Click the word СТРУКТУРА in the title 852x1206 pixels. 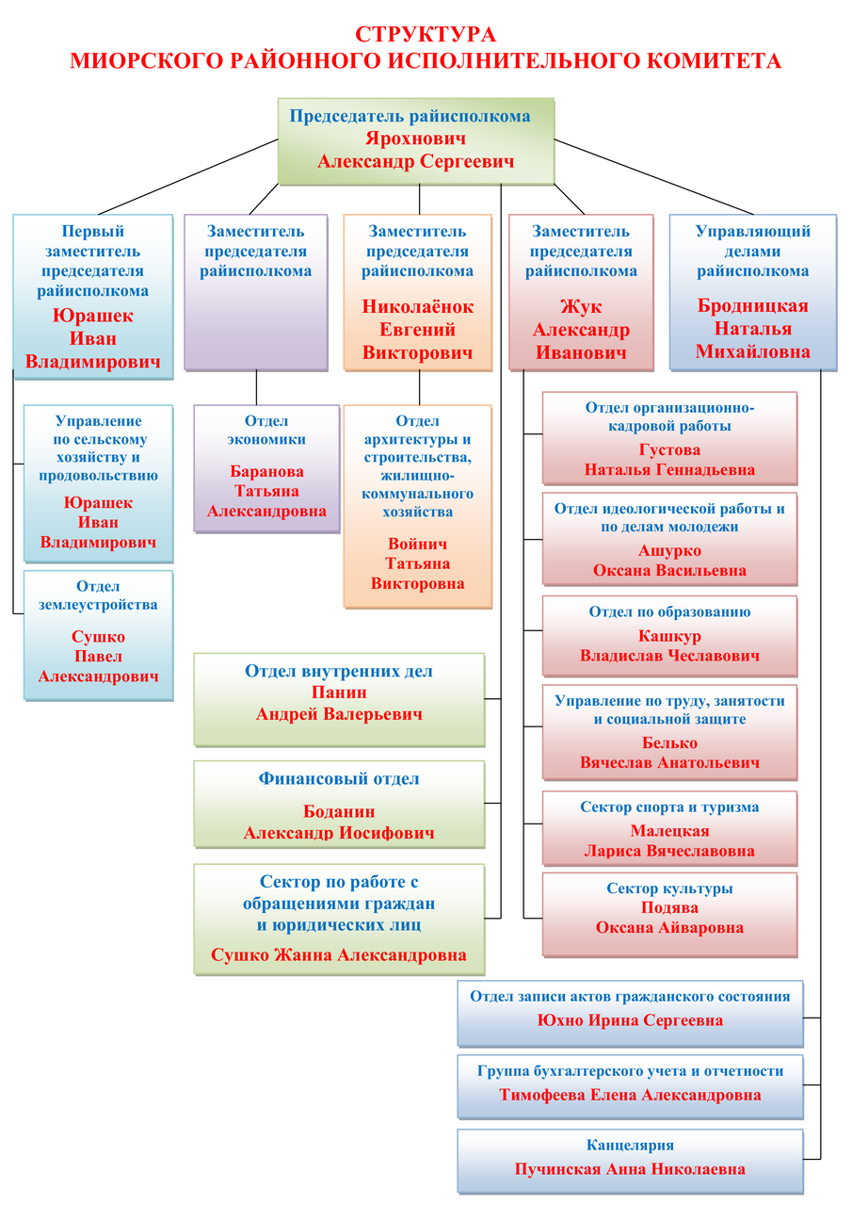[425, 35]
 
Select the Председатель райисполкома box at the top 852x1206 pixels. [416, 141]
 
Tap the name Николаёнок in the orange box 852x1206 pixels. [417, 306]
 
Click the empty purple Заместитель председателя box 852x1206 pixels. [256, 292]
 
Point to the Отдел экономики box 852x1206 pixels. [266, 468]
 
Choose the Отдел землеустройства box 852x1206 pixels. [99, 635]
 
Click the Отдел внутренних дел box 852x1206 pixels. [340, 699]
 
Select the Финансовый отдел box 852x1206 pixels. [340, 804]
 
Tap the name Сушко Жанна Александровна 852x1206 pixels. [338, 954]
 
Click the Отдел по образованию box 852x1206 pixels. [669, 636]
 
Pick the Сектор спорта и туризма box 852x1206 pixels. [669, 828]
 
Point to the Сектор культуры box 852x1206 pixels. [669, 915]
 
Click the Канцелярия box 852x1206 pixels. [631, 1162]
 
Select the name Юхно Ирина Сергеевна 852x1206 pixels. [630, 1019]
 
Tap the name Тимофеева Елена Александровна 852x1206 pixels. [630, 1095]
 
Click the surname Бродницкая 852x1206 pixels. [752, 305]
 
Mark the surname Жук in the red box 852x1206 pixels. [581, 306]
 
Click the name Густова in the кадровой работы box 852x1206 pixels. [669, 449]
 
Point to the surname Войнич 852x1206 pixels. [417, 544]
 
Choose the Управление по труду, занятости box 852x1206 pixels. [669, 732]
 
